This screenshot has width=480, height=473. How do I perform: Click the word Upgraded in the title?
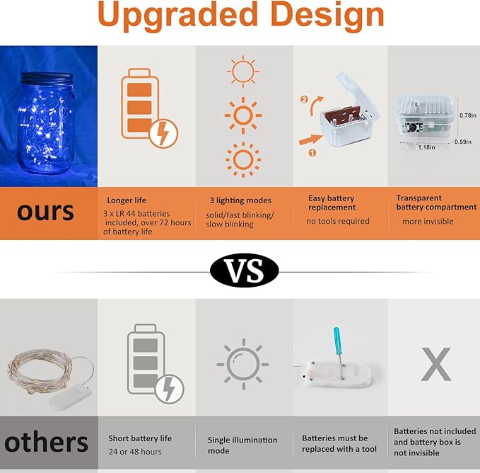pos(177,15)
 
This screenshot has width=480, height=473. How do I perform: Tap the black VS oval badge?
pos(245,270)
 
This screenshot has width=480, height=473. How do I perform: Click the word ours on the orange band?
pos(45,212)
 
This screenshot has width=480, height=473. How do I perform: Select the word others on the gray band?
pos(46,443)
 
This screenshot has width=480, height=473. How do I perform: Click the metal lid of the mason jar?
pos(47,78)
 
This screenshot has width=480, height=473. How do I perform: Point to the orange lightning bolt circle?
pos(163,133)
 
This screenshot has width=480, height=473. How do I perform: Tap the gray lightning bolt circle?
pos(170,389)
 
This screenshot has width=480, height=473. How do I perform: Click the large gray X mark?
pos(436,364)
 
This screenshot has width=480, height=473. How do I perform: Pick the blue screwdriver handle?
pos(336,341)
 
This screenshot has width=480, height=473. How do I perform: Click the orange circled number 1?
pos(312,153)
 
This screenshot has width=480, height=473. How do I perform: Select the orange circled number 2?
pos(304,100)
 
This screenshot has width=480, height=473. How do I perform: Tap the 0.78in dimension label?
pos(468,115)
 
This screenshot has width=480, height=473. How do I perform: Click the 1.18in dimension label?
pos(426,147)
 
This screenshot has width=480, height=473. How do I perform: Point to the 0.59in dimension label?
pos(463,142)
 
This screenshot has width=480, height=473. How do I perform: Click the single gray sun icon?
pos(243,364)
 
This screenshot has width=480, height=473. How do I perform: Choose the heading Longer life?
pos(127,200)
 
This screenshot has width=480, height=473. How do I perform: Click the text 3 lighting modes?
pos(240,200)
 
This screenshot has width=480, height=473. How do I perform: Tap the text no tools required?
pos(338,221)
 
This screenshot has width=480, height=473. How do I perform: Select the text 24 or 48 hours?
pos(135,452)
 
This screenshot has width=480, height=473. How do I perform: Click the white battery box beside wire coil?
pos(71,398)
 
